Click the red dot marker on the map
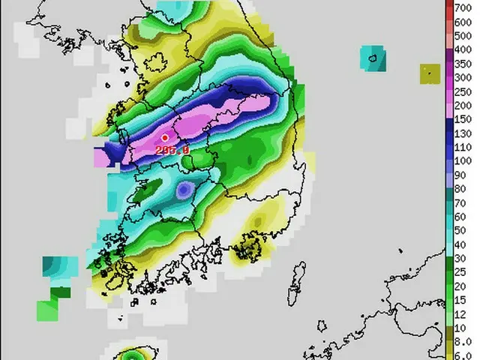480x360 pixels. pyautogui.click(x=164, y=138)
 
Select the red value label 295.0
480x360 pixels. pyautogui.click(x=172, y=150)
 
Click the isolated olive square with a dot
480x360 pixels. pyautogui.click(x=430, y=73)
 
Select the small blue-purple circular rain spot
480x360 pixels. pyautogui.click(x=183, y=190)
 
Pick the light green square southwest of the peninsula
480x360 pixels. pyautogui.click(x=47, y=310)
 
